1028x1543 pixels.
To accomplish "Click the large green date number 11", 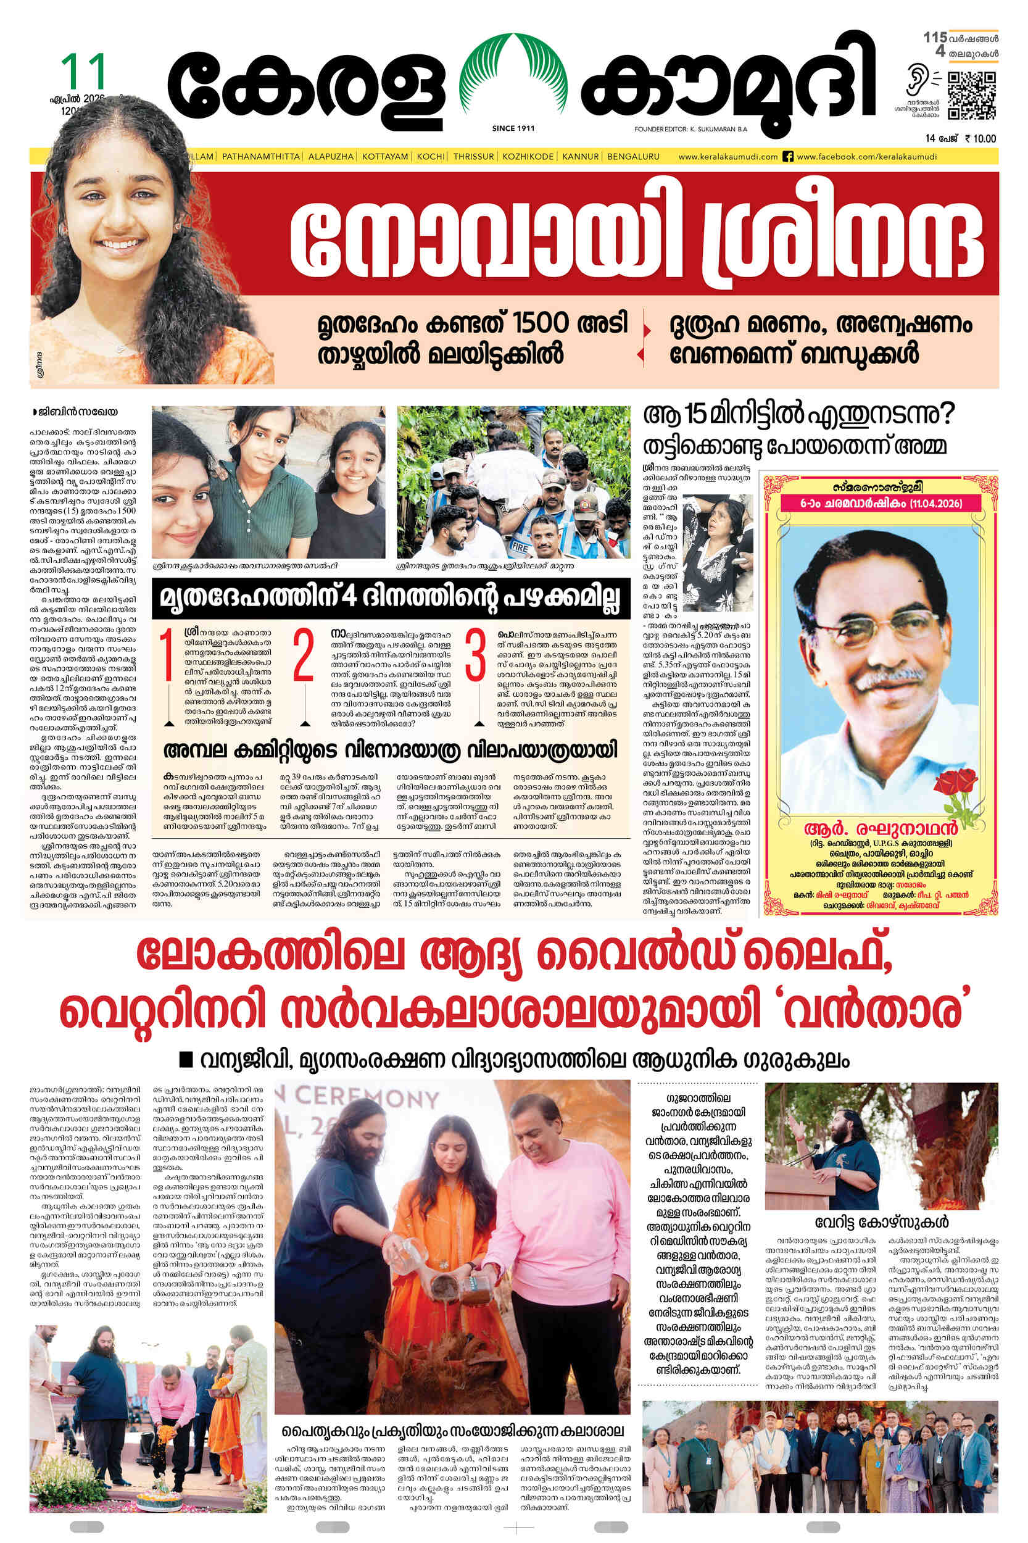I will pyautogui.click(x=83, y=72).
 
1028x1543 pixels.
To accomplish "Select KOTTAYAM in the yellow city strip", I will pyautogui.click(x=385, y=157).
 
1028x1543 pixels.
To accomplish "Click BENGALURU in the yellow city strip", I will pyautogui.click(x=633, y=157).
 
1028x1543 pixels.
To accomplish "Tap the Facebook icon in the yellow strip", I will pyautogui.click(x=789, y=157).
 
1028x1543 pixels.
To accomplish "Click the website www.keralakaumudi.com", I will pyautogui.click(x=727, y=157).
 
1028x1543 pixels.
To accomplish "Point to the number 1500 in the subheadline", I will pyautogui.click(x=541, y=323).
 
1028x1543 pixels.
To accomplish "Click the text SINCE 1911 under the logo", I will pyautogui.click(x=513, y=128).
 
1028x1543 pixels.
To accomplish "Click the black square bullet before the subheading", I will pyautogui.click(x=186, y=1058).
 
